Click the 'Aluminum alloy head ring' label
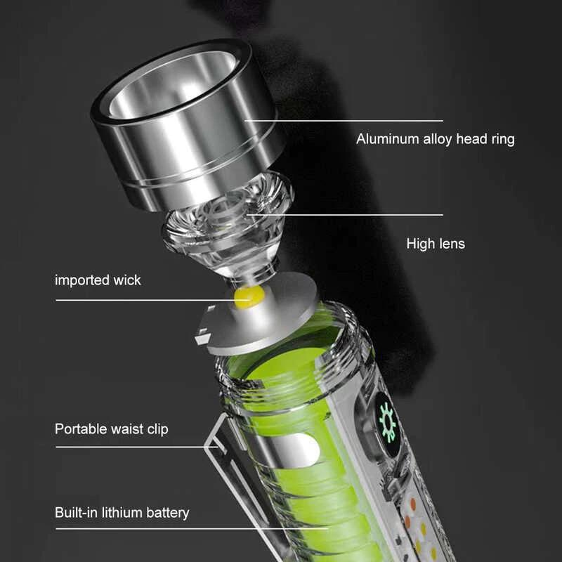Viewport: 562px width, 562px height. click(435, 139)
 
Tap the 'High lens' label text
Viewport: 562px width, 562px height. click(436, 244)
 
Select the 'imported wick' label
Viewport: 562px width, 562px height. click(98, 280)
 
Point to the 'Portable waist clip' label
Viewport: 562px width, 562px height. click(112, 429)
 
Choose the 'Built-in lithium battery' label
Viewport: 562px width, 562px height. click(122, 513)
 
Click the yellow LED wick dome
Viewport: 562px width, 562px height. click(249, 297)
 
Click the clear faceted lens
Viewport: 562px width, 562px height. click(228, 226)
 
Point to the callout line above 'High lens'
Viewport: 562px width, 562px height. click(345, 215)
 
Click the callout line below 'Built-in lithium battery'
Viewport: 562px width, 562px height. click(192, 528)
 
